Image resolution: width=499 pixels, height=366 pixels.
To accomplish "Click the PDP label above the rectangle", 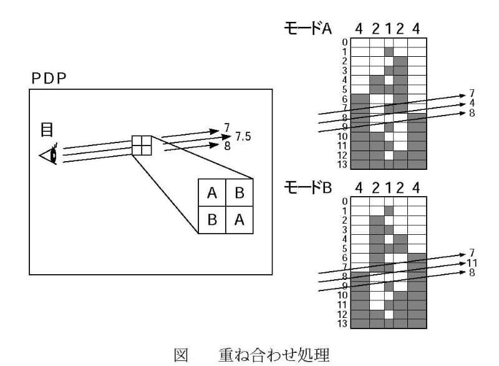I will pos(49,79).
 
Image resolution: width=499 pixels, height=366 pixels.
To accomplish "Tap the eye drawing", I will pos(49,154).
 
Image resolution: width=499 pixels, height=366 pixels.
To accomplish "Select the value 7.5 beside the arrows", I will pos(243,137).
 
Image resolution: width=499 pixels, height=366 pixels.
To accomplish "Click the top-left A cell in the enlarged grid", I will pos(212,193).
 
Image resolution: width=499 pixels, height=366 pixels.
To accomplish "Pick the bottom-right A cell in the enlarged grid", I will pos(240,220).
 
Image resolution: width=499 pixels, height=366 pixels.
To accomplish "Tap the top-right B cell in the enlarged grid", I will pos(240,193).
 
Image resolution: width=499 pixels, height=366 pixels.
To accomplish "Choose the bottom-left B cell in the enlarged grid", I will pos(212,220).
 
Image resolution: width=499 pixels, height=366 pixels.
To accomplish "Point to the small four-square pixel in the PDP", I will pos(142,146).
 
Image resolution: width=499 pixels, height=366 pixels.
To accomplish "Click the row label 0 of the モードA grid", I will pos(344,42).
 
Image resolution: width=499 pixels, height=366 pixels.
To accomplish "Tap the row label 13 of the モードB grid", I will pos(343,324).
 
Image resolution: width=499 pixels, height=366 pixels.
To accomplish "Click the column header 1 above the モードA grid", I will pos(389,29).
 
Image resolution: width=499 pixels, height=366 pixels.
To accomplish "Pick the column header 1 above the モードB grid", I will pos(389,187).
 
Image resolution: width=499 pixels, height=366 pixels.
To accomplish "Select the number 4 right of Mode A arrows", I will pos(472,102).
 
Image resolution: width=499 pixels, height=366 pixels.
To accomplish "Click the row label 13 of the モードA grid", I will pos(343,164).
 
